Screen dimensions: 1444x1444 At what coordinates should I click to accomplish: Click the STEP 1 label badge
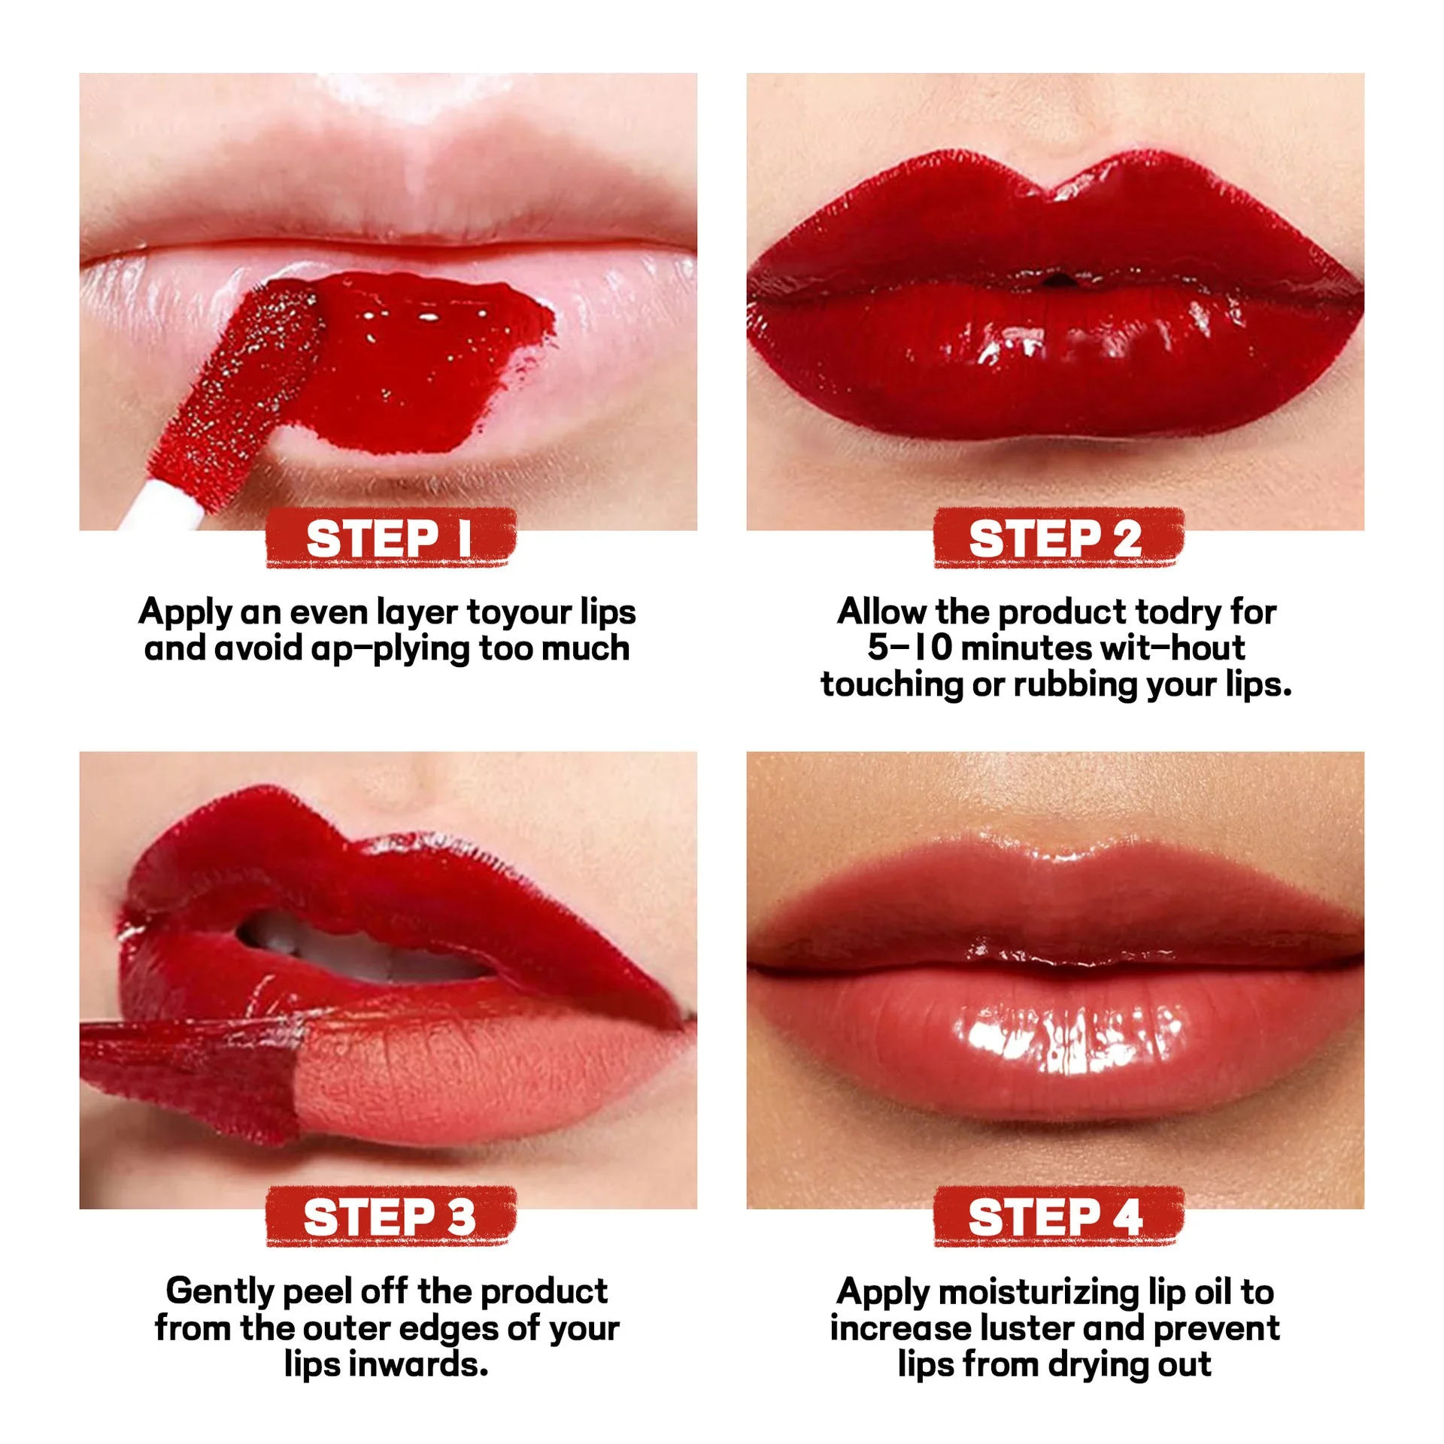point(390,538)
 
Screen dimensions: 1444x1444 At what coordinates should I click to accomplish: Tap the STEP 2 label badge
point(1057,538)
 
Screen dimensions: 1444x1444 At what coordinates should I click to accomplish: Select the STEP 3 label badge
point(390,1217)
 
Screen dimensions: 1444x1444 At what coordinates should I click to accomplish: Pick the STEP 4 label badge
point(1057,1217)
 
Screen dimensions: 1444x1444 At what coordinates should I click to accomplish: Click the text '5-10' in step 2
point(909,648)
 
